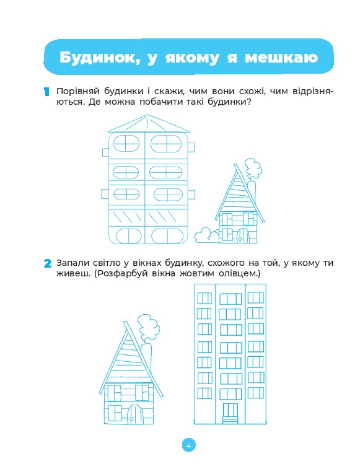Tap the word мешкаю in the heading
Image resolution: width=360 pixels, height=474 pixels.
point(281,58)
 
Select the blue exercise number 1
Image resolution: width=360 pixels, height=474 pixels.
point(46,92)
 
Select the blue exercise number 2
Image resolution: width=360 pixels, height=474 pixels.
point(48,263)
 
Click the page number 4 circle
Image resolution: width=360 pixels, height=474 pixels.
point(188,445)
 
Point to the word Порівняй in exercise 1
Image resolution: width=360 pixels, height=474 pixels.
point(78,91)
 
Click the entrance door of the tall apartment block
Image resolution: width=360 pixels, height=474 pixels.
point(230,413)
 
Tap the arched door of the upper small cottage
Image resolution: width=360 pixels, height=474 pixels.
point(243,236)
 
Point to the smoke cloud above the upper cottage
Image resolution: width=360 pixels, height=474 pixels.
point(253,169)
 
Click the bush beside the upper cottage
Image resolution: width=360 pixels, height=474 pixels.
point(206,235)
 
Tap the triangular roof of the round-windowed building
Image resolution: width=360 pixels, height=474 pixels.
point(149,124)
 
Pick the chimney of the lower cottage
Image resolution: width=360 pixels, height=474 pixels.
point(148,356)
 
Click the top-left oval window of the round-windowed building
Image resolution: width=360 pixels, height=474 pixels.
point(126,144)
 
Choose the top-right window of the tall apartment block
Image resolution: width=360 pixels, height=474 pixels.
point(256,298)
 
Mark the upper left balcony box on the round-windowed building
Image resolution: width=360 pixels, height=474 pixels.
point(105,152)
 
